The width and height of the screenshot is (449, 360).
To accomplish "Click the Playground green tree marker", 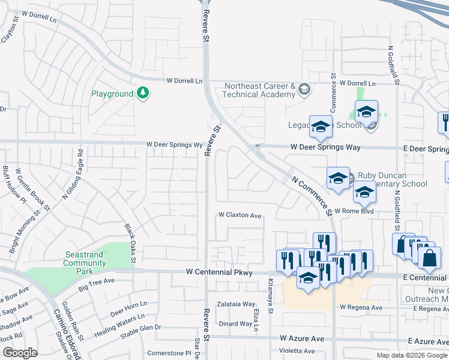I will (x=143, y=93).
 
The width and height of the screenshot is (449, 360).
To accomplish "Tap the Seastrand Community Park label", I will (x=85, y=259).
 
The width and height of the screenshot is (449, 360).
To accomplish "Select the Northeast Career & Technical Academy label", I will (x=260, y=90).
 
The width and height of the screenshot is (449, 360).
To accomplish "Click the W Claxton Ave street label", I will (x=240, y=215).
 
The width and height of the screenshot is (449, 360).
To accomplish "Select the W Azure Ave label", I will (x=302, y=339).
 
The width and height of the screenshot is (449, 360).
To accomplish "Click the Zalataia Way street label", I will (x=236, y=304).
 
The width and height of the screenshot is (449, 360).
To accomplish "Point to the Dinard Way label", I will (x=235, y=324).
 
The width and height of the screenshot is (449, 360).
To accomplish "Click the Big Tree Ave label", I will (x=96, y=281).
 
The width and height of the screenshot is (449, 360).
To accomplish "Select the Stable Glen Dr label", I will (x=142, y=328).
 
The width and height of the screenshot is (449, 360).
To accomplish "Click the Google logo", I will (x=20, y=353).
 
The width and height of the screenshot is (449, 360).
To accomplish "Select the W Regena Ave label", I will (x=361, y=308).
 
